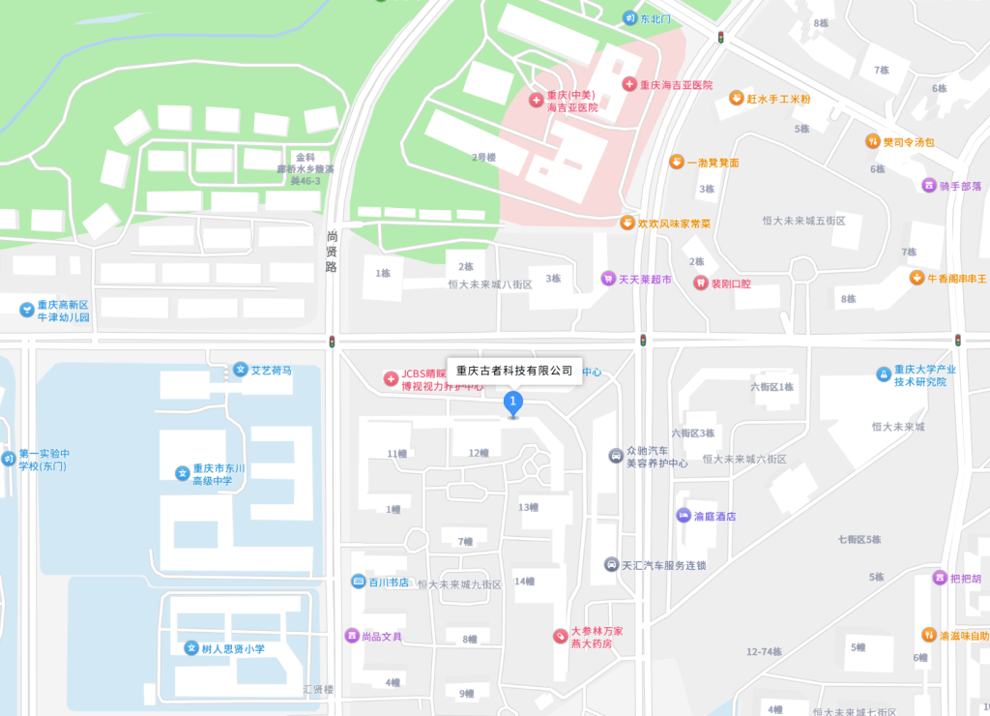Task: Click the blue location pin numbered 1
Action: [513, 402]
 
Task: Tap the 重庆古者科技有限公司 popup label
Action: [514, 371]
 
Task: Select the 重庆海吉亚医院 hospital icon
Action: [629, 85]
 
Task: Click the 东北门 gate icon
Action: [629, 18]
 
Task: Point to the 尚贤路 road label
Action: [332, 252]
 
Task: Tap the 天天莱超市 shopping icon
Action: [608, 279]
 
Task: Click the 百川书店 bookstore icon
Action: [358, 582]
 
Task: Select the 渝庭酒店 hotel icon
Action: [684, 516]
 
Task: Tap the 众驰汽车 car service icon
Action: [615, 456]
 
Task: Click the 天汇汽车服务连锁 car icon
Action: [610, 564]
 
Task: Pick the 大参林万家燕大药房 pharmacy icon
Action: [559, 636]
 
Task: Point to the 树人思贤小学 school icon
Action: [191, 648]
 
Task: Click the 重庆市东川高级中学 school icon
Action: [181, 473]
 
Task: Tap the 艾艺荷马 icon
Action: [240, 370]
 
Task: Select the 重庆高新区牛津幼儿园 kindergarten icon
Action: [26, 310]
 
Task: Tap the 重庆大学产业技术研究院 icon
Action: [883, 374]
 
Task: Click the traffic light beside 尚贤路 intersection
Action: [333, 342]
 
